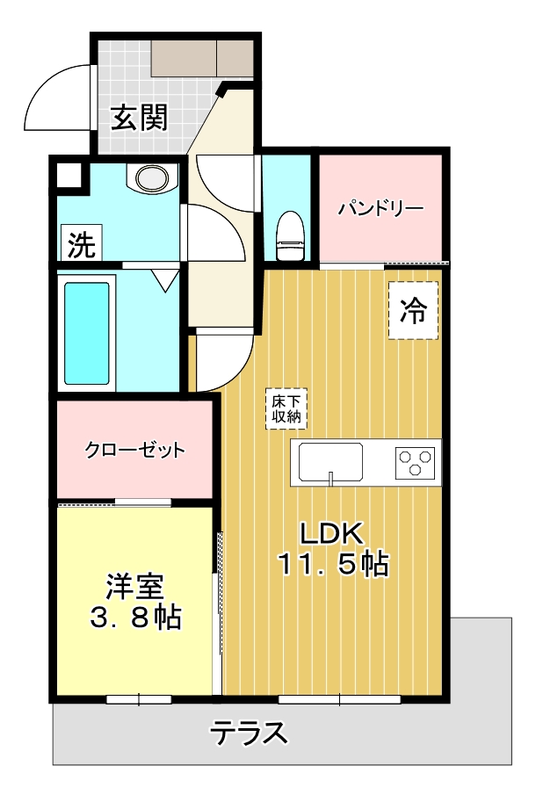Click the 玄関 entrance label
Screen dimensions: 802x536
pos(138,118)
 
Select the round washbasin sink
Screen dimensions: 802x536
pos(150,178)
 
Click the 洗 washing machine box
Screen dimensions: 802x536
pos(80,243)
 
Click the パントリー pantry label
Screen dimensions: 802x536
pos(380,209)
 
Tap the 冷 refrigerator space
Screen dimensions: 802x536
pos(413,309)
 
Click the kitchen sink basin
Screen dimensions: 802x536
pos(330,462)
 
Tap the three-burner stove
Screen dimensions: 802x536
pos(415,462)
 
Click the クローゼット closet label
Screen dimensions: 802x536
pos(135,451)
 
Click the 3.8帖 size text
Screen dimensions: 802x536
pos(135,618)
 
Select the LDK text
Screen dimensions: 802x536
pos(331,532)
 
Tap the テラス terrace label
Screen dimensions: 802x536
pos(249,732)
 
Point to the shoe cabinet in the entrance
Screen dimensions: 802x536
pos(202,58)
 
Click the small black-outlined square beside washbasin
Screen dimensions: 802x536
pos(69,174)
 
